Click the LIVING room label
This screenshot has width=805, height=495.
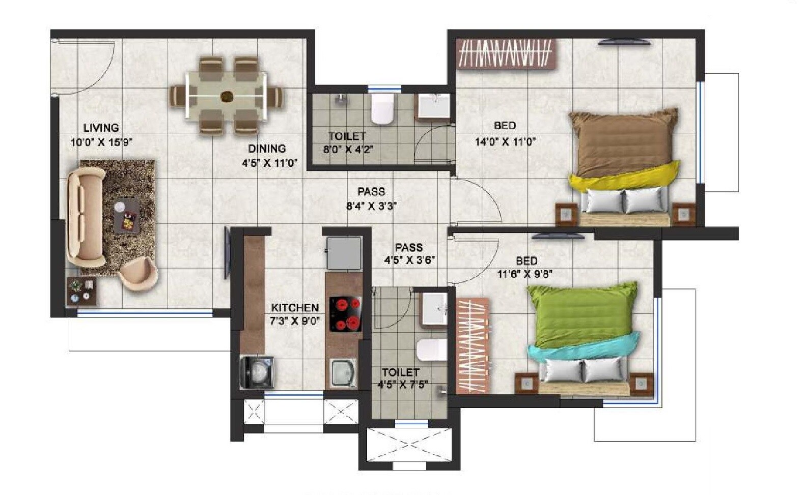pyautogui.click(x=101, y=128)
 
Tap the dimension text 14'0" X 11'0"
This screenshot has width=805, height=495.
pyautogui.click(x=505, y=142)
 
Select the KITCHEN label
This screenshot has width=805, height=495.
pyautogui.click(x=294, y=308)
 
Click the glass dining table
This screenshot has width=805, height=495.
pyautogui.click(x=226, y=95)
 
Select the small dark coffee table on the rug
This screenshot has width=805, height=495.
pyautogui.click(x=126, y=215)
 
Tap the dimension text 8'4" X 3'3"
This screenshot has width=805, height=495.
pyautogui.click(x=371, y=206)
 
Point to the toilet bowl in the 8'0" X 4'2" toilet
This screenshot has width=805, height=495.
pyautogui.click(x=382, y=108)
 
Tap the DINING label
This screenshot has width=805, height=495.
pyautogui.click(x=267, y=149)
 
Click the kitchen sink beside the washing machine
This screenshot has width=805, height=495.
pyautogui.click(x=344, y=373)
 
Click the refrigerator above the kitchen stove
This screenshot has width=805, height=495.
pyautogui.click(x=344, y=252)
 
